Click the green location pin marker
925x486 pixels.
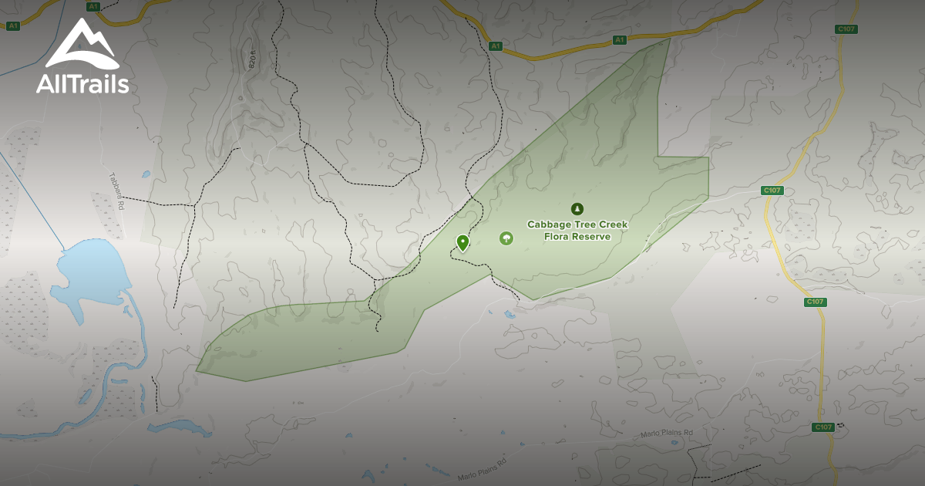tap(462, 242)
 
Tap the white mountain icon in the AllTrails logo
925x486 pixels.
tap(81, 46)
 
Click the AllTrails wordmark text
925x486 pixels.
tap(82, 83)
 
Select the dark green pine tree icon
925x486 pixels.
tap(577, 208)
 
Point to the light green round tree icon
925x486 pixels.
tap(506, 238)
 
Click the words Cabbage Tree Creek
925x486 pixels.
tap(577, 224)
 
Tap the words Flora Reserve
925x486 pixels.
tap(577, 237)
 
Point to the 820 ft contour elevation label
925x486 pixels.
tap(252, 57)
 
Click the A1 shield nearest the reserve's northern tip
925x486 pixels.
tap(619, 39)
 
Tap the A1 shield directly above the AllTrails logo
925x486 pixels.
tap(93, 6)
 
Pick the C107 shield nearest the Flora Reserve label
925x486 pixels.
tap(772, 191)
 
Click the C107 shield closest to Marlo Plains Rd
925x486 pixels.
tap(823, 427)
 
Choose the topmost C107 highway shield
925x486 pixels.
tap(846, 29)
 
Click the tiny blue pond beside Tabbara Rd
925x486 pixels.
tap(145, 174)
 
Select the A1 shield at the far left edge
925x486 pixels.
tap(12, 26)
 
